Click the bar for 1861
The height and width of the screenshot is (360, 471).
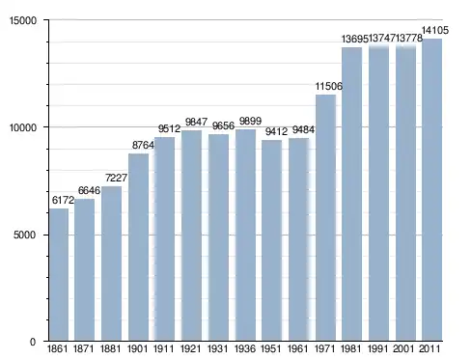[59, 274]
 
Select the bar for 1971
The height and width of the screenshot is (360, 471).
[325, 217]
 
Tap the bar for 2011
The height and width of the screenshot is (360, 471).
[432, 190]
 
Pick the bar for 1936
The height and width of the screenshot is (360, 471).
[245, 235]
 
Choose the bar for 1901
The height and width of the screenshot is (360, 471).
[139, 247]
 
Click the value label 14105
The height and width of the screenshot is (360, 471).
[435, 30]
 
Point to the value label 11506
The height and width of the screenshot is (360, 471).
[328, 86]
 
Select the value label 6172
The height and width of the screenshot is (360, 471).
[63, 200]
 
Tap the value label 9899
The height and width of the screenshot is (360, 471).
[250, 121]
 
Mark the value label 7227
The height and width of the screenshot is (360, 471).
[116, 178]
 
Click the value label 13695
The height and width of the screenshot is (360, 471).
[354, 39]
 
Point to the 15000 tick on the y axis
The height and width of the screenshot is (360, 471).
[23, 20]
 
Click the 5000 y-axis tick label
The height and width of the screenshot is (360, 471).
[25, 235]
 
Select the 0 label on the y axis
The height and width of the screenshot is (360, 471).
[33, 342]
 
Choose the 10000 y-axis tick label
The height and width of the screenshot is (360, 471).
[23, 127]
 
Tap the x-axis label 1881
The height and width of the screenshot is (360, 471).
[110, 348]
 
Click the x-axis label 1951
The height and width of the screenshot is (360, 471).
[270, 348]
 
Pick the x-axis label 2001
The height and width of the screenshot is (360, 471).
[403, 348]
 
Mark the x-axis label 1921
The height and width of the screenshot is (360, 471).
[190, 348]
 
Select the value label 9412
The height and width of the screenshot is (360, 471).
[276, 131]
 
